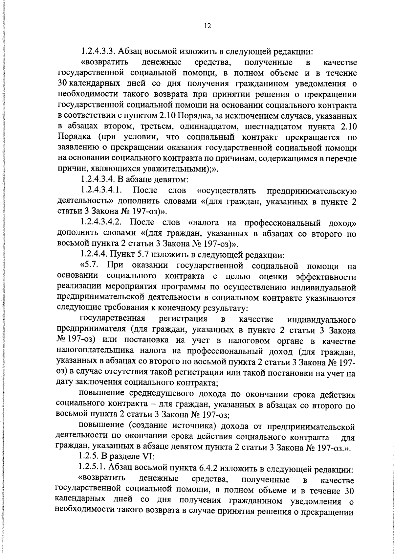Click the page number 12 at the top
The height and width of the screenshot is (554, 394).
207,26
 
